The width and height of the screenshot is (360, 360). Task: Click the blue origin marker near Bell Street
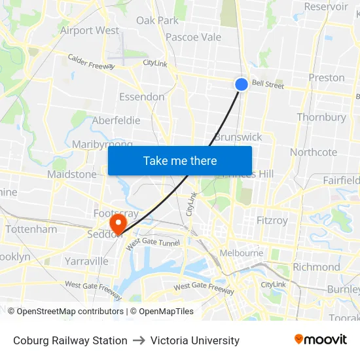(242, 84)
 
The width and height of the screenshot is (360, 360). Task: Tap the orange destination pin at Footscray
(118, 223)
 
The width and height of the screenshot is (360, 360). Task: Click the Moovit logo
(321, 340)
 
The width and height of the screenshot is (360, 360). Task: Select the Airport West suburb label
(90, 30)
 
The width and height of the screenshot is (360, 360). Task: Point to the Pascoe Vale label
(193, 37)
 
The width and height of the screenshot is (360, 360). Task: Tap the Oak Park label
(157, 20)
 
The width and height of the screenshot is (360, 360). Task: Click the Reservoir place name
(326, 7)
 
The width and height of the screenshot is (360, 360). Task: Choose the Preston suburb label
(327, 77)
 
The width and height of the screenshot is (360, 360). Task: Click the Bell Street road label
(268, 84)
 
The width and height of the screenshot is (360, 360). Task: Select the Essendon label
(141, 97)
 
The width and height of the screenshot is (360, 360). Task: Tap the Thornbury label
(321, 117)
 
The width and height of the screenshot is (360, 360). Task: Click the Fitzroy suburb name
(272, 221)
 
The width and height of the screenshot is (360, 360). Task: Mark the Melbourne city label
(241, 253)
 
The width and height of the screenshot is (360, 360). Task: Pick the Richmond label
(316, 267)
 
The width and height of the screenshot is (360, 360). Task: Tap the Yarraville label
(86, 261)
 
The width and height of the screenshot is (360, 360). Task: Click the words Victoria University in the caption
(195, 340)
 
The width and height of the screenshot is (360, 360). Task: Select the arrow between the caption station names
(139, 340)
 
